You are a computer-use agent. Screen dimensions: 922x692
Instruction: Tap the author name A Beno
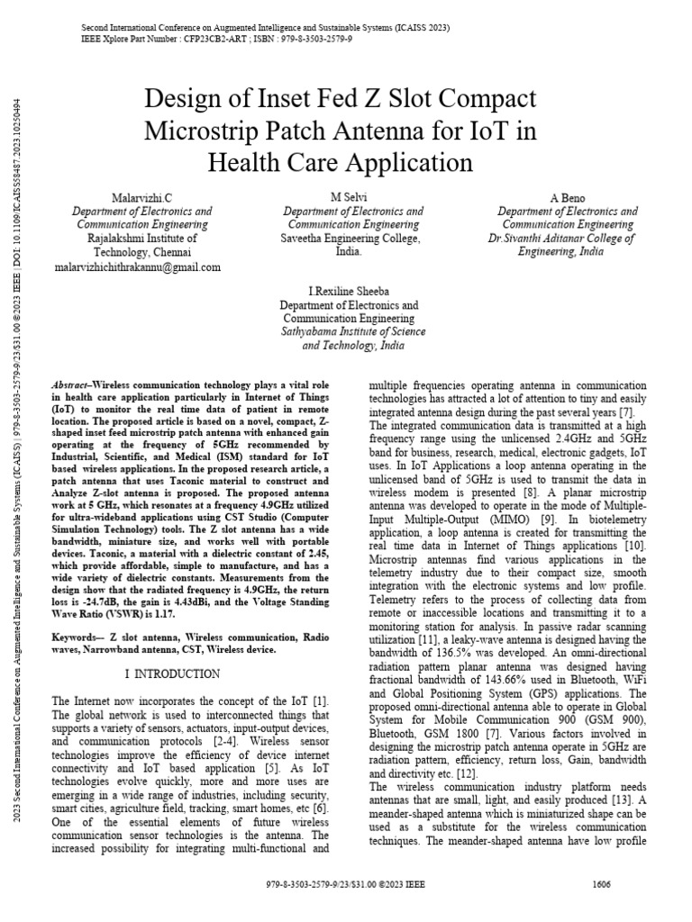568,197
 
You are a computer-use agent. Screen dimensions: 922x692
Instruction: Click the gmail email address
137,267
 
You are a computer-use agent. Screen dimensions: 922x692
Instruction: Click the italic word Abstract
71,384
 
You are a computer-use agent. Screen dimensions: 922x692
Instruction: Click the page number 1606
602,909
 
